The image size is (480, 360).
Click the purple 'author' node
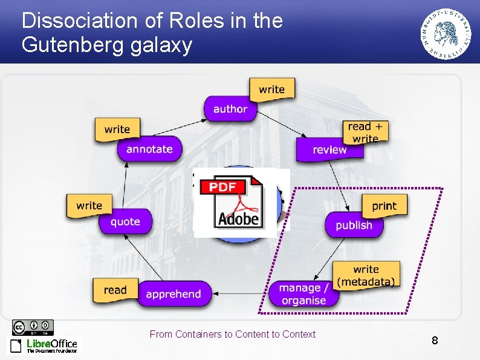(x=230, y=109)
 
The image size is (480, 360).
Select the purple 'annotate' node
(x=149, y=149)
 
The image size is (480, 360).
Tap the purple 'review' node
(x=329, y=150)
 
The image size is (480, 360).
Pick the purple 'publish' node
(x=354, y=225)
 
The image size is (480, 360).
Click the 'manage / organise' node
(x=304, y=294)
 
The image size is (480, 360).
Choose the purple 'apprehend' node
(x=174, y=294)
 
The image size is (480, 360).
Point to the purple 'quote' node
(x=125, y=221)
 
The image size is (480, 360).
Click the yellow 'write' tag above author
(x=271, y=90)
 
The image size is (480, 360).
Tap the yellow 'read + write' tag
(x=365, y=131)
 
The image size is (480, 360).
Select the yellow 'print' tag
(x=384, y=206)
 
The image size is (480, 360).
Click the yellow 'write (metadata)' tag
(x=366, y=275)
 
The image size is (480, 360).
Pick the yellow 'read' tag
(x=115, y=290)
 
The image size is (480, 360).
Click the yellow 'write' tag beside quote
(x=89, y=206)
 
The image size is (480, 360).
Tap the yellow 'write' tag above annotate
(x=117, y=129)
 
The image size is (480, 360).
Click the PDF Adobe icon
(x=238, y=203)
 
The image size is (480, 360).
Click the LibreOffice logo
(x=44, y=345)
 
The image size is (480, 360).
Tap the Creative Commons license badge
(x=33, y=327)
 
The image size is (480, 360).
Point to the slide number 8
(x=435, y=341)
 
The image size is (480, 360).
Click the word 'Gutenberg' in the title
(x=72, y=45)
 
